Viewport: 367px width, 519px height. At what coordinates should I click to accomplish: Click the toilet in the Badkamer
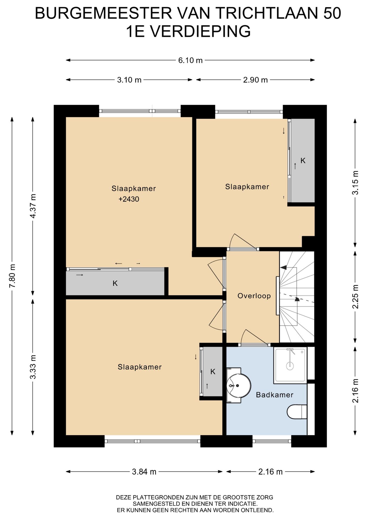(x=297, y=411)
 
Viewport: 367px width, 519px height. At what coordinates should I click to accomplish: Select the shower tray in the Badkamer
(x=290, y=365)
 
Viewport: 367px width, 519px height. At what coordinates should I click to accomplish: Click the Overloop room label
(x=254, y=296)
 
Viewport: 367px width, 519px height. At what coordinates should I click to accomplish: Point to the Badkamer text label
(x=275, y=395)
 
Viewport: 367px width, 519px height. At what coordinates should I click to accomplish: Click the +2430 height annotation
(x=129, y=199)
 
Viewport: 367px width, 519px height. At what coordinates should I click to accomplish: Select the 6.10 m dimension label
(x=190, y=60)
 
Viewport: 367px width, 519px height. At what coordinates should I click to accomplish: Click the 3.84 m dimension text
(x=144, y=472)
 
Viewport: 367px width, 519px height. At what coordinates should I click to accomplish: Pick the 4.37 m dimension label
(x=33, y=206)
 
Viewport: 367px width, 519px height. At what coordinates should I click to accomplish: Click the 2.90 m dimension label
(x=255, y=80)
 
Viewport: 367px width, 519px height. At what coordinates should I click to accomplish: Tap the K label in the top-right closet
(x=303, y=161)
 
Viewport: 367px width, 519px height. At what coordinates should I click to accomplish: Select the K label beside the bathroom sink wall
(x=213, y=372)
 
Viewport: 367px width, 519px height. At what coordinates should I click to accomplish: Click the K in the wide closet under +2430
(x=115, y=283)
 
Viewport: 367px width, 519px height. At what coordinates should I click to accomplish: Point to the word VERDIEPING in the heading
(x=200, y=31)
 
